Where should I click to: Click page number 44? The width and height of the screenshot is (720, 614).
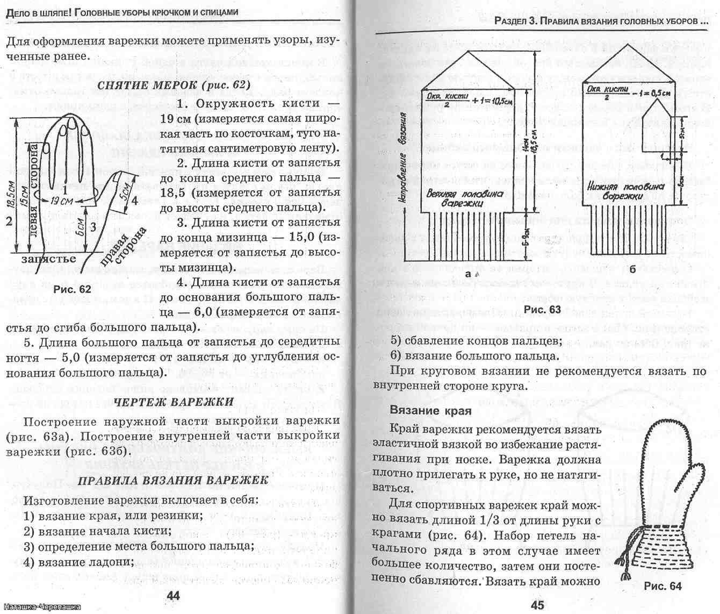173,595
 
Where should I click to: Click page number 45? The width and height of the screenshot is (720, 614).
538,604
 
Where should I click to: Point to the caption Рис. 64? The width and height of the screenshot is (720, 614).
662,586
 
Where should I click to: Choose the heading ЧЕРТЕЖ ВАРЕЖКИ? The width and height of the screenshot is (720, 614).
174,402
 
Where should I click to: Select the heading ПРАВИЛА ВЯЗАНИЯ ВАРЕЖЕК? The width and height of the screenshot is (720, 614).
173,480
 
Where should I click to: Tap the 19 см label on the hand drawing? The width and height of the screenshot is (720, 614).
61,201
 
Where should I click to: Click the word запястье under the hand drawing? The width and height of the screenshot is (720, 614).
48,259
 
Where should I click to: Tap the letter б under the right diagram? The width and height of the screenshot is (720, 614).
632,269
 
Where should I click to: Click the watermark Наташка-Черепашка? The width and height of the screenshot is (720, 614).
40,607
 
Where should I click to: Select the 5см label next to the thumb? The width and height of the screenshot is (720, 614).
125,189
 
